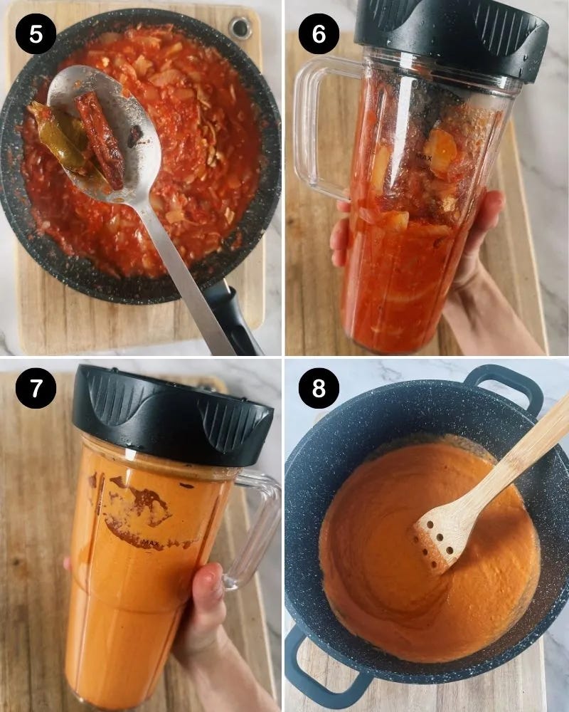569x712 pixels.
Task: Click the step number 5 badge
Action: click(36, 34)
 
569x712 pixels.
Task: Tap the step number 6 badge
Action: click(319, 34)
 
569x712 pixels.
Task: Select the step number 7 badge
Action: click(36, 388)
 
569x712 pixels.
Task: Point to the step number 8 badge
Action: click(319, 388)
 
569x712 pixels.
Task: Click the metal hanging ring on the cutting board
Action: click(240, 28)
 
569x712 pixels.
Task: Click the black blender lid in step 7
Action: click(171, 416)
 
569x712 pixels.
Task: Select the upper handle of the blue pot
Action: click(504, 386)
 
